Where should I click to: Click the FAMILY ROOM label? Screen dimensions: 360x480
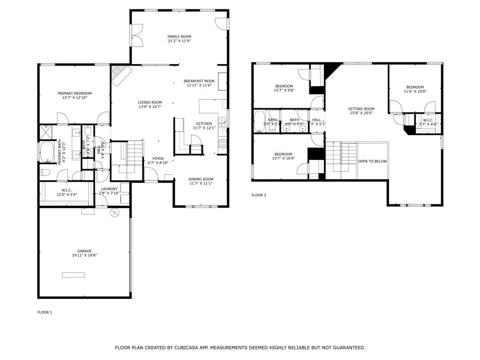click(179, 37)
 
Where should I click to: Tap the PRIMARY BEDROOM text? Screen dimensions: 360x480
click(75, 93)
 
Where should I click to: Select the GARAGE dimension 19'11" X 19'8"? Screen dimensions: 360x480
click(84, 255)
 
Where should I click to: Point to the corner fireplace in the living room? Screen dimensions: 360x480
click(120, 74)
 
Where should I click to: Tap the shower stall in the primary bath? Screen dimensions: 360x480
click(46, 133)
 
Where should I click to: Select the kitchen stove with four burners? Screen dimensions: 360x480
click(223, 143)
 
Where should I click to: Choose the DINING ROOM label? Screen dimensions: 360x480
click(201, 179)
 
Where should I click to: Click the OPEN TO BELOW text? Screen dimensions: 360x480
click(372, 161)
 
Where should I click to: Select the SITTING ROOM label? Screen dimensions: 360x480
click(361, 109)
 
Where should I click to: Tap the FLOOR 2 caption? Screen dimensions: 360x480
click(258, 195)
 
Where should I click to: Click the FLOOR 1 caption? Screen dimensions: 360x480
click(45, 312)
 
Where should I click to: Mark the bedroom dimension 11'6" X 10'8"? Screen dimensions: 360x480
click(415, 91)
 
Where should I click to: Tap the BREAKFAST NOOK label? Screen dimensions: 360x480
click(199, 81)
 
